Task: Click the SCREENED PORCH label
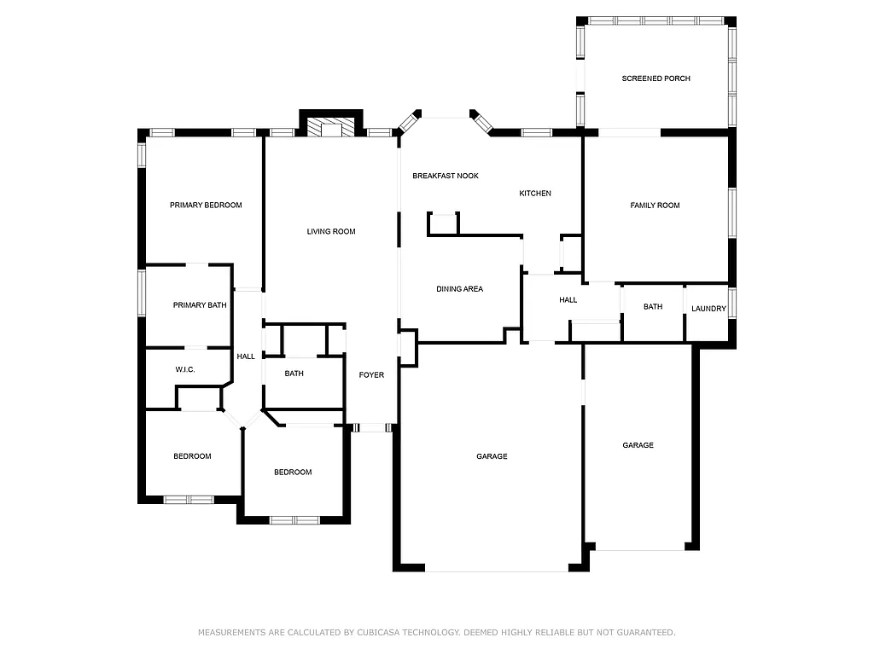point(655,78)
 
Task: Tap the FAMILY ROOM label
point(655,206)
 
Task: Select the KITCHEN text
point(535,194)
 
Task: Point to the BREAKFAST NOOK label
point(446,176)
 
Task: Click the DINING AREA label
point(459,289)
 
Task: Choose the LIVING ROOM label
point(331,232)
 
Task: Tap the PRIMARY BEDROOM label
point(206,206)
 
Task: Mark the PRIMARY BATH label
point(200,305)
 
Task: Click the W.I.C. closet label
point(185,369)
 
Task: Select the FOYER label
point(371,375)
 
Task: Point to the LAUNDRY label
point(708,309)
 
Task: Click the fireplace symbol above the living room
point(331,129)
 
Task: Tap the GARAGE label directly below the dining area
point(492,457)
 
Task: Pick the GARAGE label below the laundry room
point(638,446)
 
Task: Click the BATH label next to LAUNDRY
point(653,307)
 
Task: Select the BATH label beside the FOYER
point(294,374)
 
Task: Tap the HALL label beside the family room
point(568,300)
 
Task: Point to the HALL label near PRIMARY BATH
point(246,357)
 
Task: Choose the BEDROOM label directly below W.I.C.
point(192,456)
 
